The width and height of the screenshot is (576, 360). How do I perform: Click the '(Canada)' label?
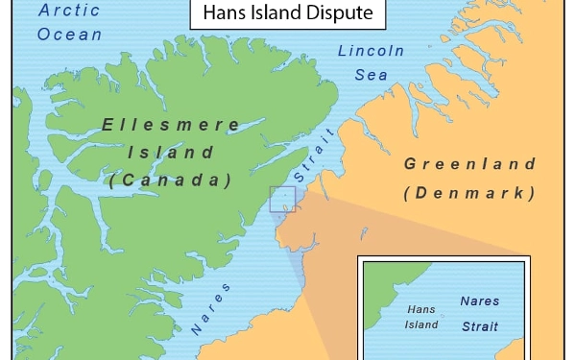click(x=170, y=180)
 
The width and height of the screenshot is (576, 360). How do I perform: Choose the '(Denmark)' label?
click(x=469, y=193)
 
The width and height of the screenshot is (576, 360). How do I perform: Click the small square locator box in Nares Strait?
click(x=283, y=199)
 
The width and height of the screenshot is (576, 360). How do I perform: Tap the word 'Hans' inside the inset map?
click(x=422, y=310)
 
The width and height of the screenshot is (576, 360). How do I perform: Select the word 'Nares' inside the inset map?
click(x=480, y=301)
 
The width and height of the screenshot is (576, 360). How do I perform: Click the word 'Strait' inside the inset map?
click(x=480, y=326)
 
